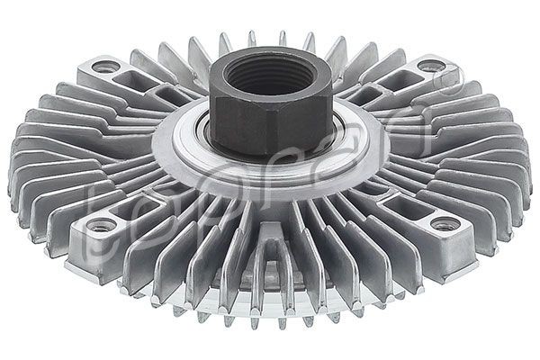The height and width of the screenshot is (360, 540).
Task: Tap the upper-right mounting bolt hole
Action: click(x=429, y=66)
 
